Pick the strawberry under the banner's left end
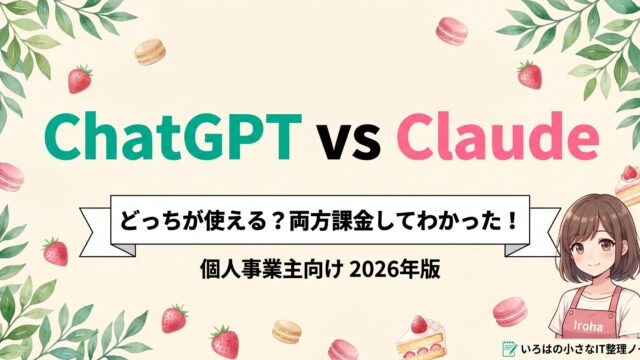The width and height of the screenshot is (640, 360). pos(57,251)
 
